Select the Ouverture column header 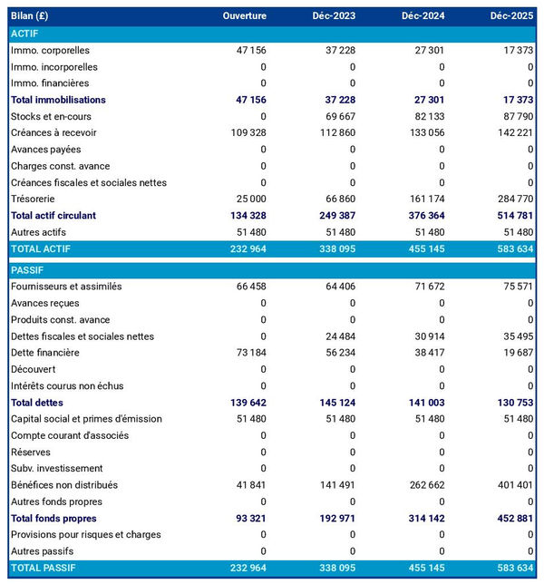[244, 16]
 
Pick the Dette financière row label [45, 353]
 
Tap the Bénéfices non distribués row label [64, 485]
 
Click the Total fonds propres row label [53, 518]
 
